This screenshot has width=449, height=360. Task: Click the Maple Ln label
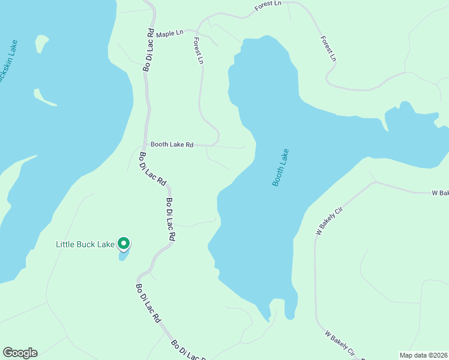[x=169, y=34]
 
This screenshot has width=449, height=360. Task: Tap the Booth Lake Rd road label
[x=172, y=145]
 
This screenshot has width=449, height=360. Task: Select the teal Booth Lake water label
[x=280, y=167]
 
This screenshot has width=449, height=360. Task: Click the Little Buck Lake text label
[x=85, y=244]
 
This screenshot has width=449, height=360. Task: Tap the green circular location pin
[x=124, y=244]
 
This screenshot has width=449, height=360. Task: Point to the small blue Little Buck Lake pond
[x=124, y=256]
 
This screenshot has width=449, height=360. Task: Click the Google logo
[x=20, y=353]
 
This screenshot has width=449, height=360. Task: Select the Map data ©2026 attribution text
[x=424, y=355]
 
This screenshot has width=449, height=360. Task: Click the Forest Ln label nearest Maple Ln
[x=199, y=52]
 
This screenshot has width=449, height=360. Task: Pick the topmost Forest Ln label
[x=268, y=7]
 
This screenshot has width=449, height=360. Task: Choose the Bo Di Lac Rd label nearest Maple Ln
[x=149, y=50]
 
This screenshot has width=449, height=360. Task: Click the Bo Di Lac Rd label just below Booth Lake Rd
[x=152, y=172]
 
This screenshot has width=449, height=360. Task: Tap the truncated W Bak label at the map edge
[x=440, y=193]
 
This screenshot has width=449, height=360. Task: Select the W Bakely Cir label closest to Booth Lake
[x=329, y=221]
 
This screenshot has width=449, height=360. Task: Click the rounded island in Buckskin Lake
[x=41, y=43]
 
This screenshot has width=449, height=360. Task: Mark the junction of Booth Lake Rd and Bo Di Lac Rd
[x=145, y=145]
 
